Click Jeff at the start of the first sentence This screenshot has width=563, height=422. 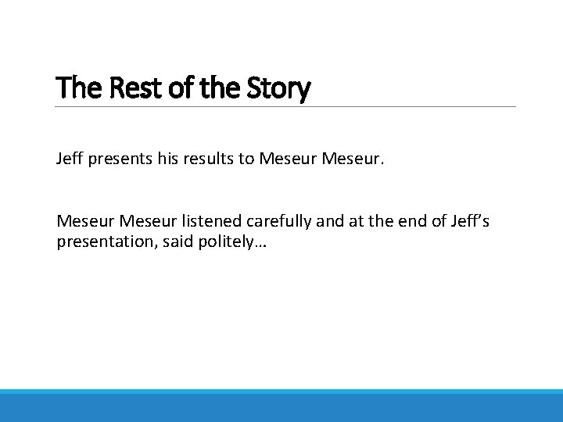69,159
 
